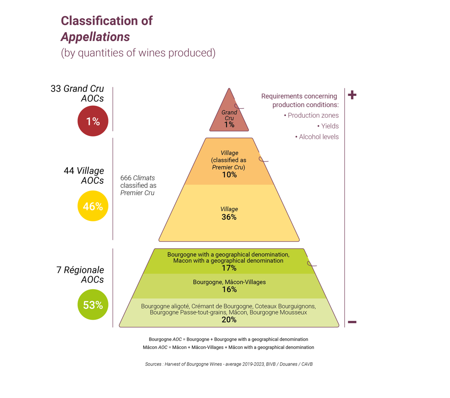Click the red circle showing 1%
click(93, 121)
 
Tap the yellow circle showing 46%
click(93, 206)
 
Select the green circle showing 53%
click(93, 305)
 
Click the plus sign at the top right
click(352, 95)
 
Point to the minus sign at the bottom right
click(352, 322)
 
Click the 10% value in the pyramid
click(229, 175)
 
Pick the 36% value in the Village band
click(229, 217)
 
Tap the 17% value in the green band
click(229, 268)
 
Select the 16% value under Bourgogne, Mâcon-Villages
click(229, 290)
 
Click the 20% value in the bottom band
click(229, 319)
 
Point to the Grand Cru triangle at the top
click(229, 114)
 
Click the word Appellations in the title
click(95, 37)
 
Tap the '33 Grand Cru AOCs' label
click(78, 93)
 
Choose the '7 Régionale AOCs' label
click(80, 275)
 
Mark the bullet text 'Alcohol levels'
click(317, 137)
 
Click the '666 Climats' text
click(137, 178)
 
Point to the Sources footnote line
click(229, 364)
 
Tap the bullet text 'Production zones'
click(311, 116)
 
